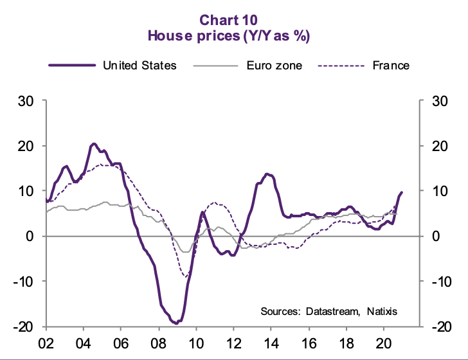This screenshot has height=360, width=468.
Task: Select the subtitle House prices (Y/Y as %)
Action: [x=233, y=36]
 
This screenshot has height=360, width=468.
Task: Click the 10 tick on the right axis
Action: [x=442, y=191]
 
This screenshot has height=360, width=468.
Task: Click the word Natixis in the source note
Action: [x=382, y=311]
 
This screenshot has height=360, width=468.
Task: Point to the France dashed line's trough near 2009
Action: [x=186, y=277]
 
